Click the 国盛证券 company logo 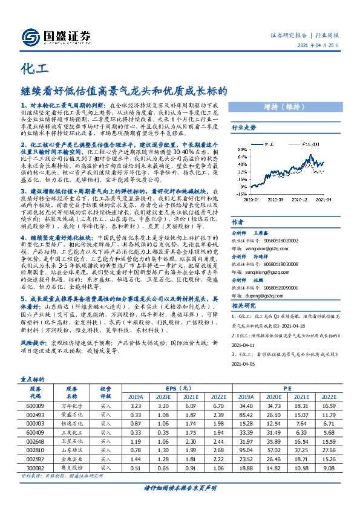[58, 34]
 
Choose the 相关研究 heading [244, 307]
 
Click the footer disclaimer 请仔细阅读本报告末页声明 [180, 487]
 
